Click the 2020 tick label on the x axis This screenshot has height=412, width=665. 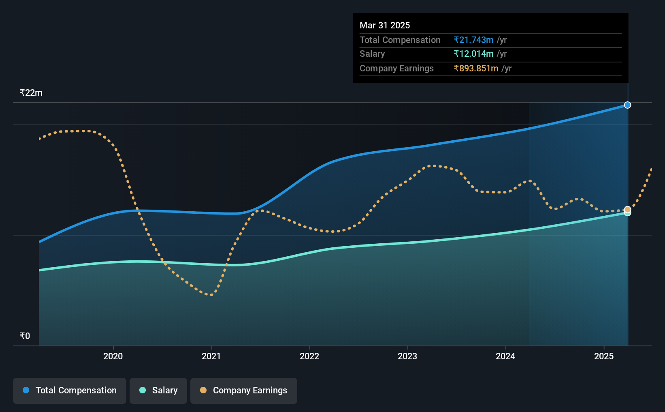pos(113,356)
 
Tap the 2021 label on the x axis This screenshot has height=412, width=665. pos(211,356)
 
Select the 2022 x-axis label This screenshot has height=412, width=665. pos(309,356)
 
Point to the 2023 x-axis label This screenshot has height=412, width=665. pos(407,356)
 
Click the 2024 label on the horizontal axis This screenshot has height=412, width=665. pos(505,356)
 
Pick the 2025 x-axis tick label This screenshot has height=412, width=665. pos(604,356)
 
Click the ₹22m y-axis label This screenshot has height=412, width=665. pos(31,93)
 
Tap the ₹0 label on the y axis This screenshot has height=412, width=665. pos(25,336)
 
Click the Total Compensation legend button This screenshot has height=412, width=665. pos(70,391)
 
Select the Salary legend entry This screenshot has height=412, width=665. pos(158,391)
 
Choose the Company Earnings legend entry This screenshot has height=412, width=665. pos(244,391)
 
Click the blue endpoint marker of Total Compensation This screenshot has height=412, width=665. pos(627,105)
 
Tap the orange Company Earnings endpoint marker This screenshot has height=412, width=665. pos(627,209)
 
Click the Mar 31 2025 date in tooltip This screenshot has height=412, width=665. pos(385,25)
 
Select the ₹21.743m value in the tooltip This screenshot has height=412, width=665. pos(473,40)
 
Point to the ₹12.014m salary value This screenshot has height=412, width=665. pos(473,54)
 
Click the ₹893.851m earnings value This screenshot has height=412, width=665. pos(476,69)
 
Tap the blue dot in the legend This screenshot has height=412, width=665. pos(26,390)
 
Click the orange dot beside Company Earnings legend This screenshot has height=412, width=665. pos(203,390)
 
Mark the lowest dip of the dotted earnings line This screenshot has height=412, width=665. pos(211,295)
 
